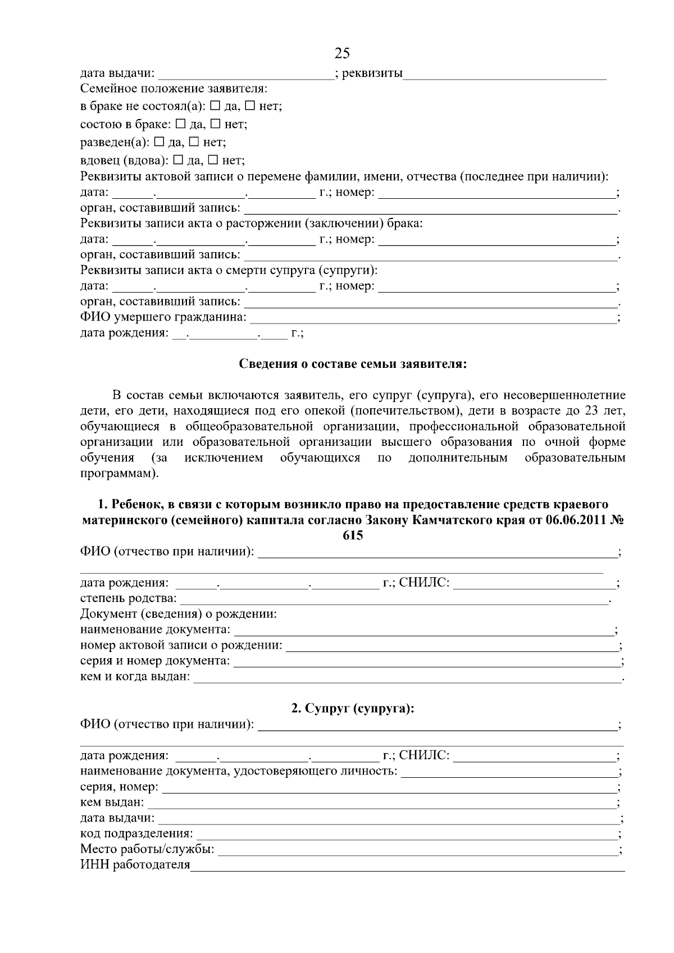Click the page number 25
(341, 53)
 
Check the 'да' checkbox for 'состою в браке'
(181, 124)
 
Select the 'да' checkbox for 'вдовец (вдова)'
(178, 161)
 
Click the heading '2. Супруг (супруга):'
(353, 709)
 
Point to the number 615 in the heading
(353, 536)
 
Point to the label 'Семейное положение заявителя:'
(174, 89)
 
